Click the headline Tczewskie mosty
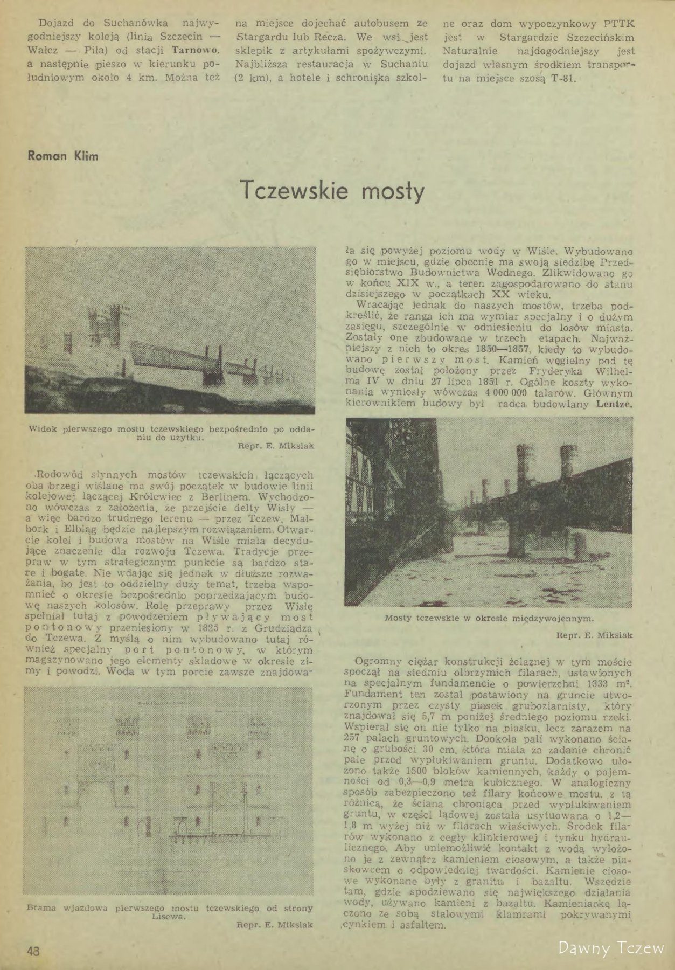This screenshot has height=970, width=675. [x=332, y=190]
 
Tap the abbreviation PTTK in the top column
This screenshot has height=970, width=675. [x=619, y=24]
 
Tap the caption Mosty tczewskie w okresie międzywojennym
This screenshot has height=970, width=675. [x=489, y=618]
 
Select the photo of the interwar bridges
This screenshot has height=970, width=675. [x=489, y=512]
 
